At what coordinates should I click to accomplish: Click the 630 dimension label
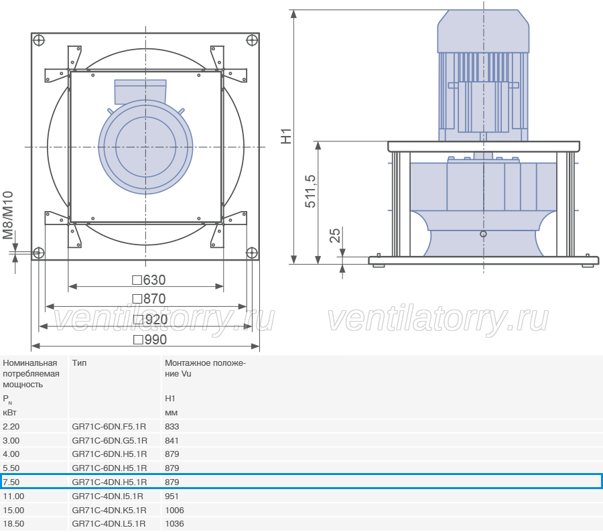point(149,280)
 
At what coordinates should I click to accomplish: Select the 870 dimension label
point(149,299)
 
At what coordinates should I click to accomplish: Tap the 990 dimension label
point(150,340)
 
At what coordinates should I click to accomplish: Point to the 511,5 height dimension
point(310,191)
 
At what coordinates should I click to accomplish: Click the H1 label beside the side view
point(287,136)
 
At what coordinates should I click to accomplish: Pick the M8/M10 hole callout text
point(8,215)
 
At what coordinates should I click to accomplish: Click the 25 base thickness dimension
point(335,235)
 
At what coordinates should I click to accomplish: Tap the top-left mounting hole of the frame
point(39,40)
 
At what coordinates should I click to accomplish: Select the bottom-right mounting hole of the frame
point(251,253)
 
